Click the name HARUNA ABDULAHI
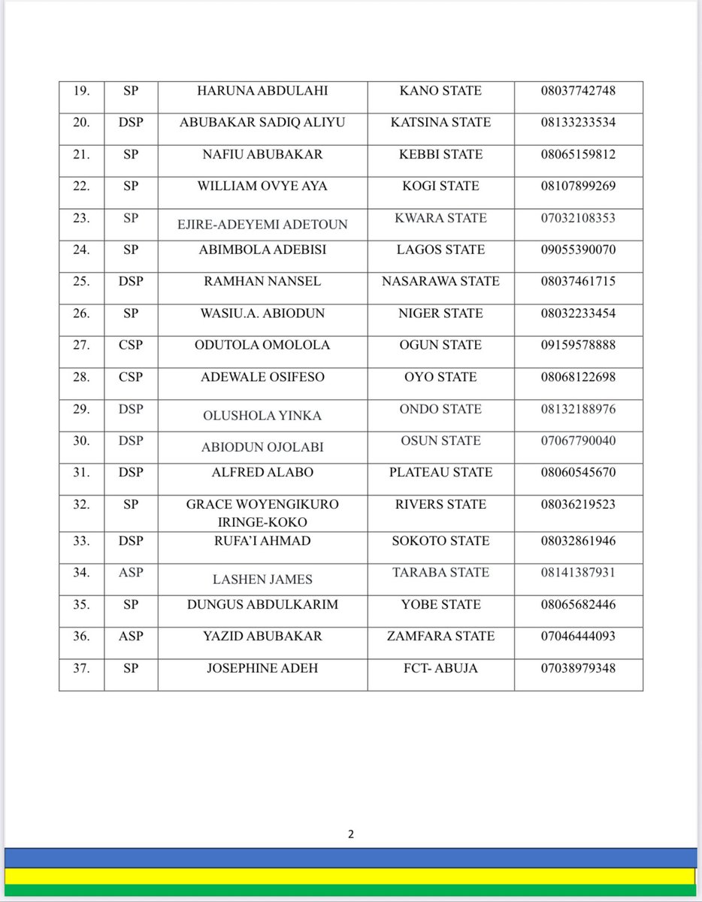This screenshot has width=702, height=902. [x=262, y=91]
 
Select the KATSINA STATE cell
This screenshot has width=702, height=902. [x=441, y=123]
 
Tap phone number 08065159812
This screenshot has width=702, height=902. [x=578, y=155]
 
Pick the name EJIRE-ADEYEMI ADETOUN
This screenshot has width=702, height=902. [x=262, y=223]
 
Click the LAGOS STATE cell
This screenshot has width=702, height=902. [x=441, y=250]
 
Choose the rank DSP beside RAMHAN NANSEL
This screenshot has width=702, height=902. [x=131, y=282]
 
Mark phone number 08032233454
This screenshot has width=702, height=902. [x=578, y=313]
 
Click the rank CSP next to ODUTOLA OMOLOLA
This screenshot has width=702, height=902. [x=131, y=345]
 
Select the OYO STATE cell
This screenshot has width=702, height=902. [x=441, y=377]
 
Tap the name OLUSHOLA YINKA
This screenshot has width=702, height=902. [x=262, y=416]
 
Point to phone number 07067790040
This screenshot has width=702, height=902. [x=578, y=440]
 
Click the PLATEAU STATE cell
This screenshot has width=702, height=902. [x=441, y=473]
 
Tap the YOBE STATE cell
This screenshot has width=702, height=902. [x=441, y=604]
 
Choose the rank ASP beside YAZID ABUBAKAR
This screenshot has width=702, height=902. [x=131, y=637]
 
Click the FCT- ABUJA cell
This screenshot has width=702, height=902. [x=441, y=668]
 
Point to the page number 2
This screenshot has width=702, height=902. [x=350, y=834]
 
